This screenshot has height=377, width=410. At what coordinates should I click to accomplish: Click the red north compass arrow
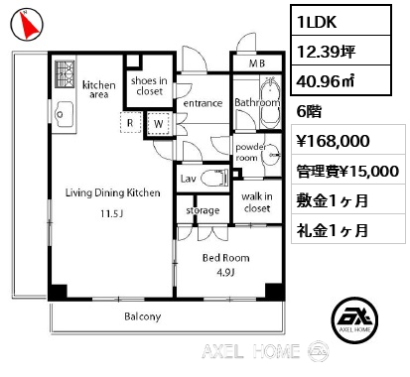tap(31, 24)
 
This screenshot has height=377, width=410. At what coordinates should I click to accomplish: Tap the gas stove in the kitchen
tap(66, 74)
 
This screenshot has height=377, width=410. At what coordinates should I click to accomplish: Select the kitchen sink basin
tap(64, 114)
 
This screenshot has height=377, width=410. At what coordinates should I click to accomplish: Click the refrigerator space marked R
tap(130, 123)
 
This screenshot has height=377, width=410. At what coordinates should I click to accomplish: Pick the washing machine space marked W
tap(159, 123)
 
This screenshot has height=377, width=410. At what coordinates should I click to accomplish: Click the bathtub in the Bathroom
tap(271, 103)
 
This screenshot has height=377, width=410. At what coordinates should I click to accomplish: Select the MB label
tap(257, 63)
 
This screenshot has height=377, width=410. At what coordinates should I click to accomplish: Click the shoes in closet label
tap(149, 86)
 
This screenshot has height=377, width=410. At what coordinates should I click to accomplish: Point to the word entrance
tap(203, 103)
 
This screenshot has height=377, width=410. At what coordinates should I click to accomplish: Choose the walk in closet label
tap(257, 202)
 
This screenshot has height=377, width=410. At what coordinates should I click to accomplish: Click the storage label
tap(203, 210)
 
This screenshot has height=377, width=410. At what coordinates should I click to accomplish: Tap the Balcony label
tap(143, 316)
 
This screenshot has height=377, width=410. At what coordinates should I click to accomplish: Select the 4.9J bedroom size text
tap(225, 273)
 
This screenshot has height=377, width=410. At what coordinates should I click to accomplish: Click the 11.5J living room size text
tap(112, 214)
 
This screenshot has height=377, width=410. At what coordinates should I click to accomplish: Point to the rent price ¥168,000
tap(333, 141)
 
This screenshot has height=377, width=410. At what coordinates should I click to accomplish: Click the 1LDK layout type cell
tap(342, 21)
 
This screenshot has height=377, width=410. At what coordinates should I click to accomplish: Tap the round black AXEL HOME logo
tap(354, 319)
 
